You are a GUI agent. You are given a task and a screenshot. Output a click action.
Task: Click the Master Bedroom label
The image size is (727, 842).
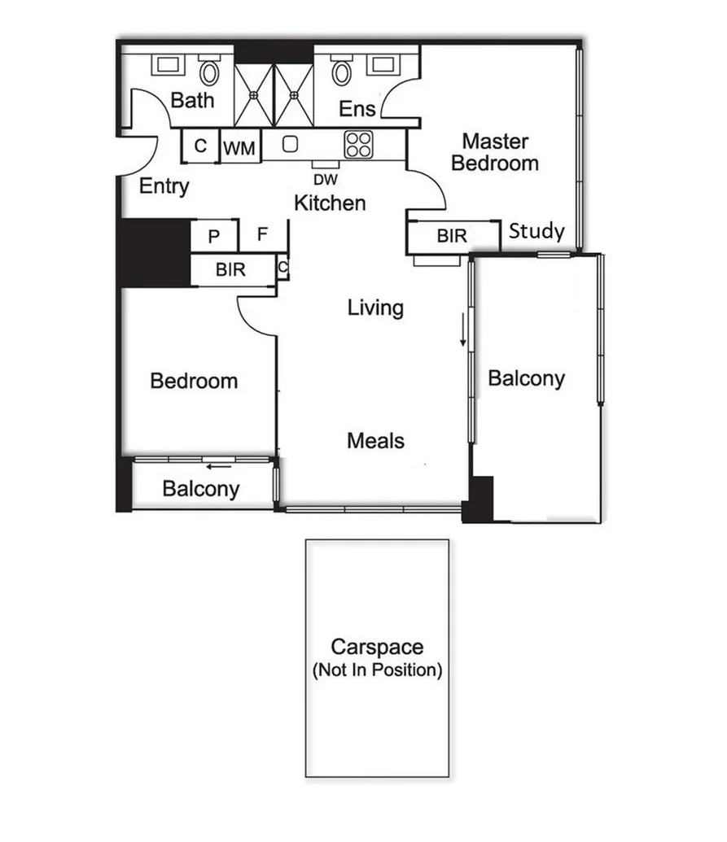coord(495,152)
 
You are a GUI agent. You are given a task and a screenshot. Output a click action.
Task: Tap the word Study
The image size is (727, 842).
coord(536,232)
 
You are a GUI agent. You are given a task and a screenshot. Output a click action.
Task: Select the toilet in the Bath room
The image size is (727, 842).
coord(210,72)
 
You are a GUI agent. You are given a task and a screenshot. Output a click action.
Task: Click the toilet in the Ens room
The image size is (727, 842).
coord(341,72)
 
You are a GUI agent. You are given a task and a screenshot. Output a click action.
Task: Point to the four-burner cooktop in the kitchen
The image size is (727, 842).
coord(358,145)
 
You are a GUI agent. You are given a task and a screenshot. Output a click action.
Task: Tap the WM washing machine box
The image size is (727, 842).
coord(239,148)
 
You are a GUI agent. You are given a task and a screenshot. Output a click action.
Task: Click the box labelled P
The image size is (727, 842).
coord(214,236)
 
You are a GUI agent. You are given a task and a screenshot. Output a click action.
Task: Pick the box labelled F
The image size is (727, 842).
coord(262,234)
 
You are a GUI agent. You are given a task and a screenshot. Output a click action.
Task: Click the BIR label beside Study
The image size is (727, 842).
coord(452,236)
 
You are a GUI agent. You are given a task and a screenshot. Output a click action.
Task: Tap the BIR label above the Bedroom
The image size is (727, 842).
coord(230,271)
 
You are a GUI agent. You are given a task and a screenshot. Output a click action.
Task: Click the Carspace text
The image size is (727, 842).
coord(377,648)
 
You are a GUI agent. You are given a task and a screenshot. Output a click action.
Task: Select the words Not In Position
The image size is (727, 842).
coord(377,672)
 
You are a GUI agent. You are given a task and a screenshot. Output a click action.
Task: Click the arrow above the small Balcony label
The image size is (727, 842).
coord(217,467)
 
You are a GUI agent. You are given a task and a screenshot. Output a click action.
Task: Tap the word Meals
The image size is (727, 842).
coord(375,441)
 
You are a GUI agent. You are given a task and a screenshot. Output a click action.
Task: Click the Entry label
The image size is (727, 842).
coord(164,186)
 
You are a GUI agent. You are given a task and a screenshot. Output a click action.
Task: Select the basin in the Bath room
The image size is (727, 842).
coord(168,64)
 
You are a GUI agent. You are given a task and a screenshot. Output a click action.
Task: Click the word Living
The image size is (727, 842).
coord(375,308)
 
